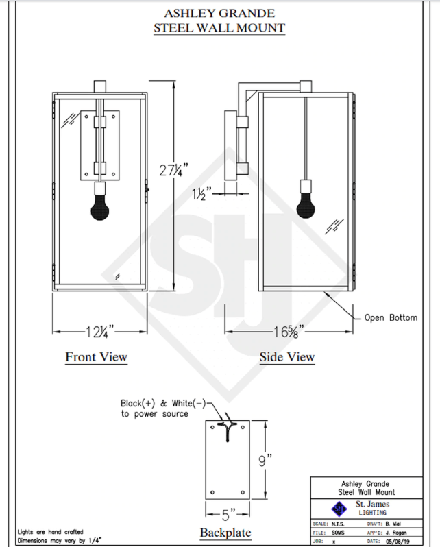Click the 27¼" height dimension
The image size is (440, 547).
[173, 170]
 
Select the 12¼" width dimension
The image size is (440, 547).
[100, 331]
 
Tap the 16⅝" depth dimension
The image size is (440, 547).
[289, 331]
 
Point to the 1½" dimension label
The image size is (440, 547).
[201, 193]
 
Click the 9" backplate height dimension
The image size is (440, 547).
[265, 461]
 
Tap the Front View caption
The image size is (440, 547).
[97, 357]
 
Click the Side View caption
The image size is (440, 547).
[287, 357]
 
